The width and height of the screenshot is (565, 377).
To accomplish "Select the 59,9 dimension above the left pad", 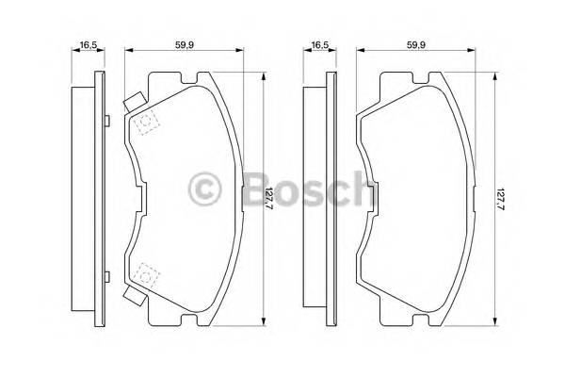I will pyautogui.click(x=184, y=43).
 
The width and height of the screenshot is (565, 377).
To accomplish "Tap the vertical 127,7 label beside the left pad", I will pyautogui.click(x=269, y=200).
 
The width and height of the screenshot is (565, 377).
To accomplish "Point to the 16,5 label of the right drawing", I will pyautogui.click(x=320, y=43).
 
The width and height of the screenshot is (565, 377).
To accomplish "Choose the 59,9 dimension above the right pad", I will pyautogui.click(x=418, y=43).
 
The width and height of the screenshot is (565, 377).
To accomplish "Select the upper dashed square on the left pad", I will pyautogui.click(x=146, y=123).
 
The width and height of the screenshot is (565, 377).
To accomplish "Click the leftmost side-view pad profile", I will pyautogui.click(x=90, y=199).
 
